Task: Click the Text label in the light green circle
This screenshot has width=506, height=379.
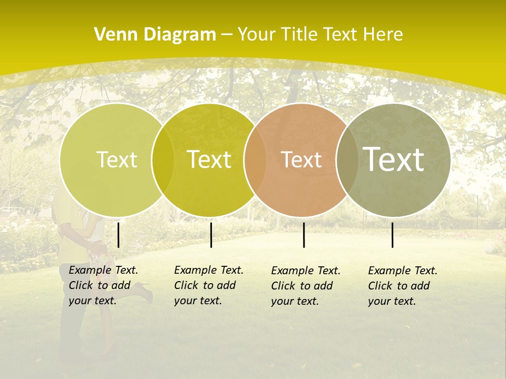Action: (117, 160)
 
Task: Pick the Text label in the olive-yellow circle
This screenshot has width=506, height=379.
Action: (209, 160)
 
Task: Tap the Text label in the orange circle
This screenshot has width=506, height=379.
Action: (301, 160)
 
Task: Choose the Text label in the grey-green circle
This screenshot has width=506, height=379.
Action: (394, 159)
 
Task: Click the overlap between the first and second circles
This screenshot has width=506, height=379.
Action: (163, 160)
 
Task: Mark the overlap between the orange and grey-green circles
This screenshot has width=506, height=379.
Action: (347, 160)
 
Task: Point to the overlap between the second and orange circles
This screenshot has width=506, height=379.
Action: (255, 160)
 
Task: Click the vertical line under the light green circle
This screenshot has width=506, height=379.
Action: (118, 235)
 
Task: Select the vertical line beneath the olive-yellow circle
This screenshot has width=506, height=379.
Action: (211, 235)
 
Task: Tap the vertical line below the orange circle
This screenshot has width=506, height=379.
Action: (304, 235)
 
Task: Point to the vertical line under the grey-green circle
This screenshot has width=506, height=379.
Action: (392, 235)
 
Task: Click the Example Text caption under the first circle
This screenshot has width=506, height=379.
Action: (103, 285)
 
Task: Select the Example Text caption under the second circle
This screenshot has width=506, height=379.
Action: (209, 285)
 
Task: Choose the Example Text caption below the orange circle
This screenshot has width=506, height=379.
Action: (306, 286)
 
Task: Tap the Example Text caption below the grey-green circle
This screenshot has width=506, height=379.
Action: (403, 286)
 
